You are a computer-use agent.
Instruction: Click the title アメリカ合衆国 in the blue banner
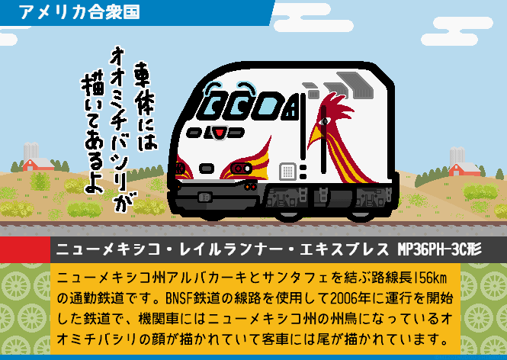79,12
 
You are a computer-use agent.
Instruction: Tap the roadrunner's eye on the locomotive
325,121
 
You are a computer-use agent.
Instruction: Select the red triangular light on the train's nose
220,133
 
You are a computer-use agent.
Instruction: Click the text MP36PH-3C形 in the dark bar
440,249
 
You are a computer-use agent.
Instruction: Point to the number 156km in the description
430,278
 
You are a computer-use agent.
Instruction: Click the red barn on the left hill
38,164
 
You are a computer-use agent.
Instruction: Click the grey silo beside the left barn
31,150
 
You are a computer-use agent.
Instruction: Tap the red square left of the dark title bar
25,249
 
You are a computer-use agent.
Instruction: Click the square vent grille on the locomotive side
287,171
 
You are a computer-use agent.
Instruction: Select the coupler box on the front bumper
205,197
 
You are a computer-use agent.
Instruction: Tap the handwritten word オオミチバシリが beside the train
120,130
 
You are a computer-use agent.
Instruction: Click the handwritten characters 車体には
145,107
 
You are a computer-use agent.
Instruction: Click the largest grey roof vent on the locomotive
355,85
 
